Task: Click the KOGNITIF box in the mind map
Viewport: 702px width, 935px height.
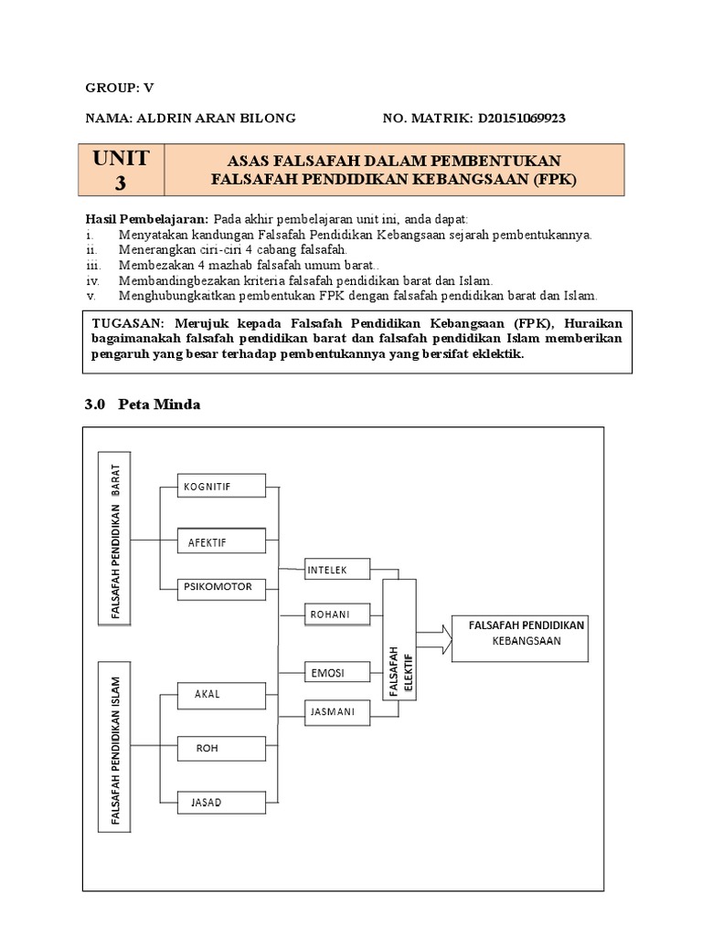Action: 220,488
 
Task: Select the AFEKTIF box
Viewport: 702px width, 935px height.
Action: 220,541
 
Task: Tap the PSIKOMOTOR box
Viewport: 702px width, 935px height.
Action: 220,586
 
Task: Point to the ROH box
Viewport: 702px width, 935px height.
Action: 220,749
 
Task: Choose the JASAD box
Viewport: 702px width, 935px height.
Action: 220,803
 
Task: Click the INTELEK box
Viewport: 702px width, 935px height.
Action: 338,570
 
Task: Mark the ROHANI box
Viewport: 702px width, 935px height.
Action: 338,615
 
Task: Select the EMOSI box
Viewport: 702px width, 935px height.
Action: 338,673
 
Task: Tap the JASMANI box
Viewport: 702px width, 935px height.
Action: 338,709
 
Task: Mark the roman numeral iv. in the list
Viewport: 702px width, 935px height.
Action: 92,281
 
